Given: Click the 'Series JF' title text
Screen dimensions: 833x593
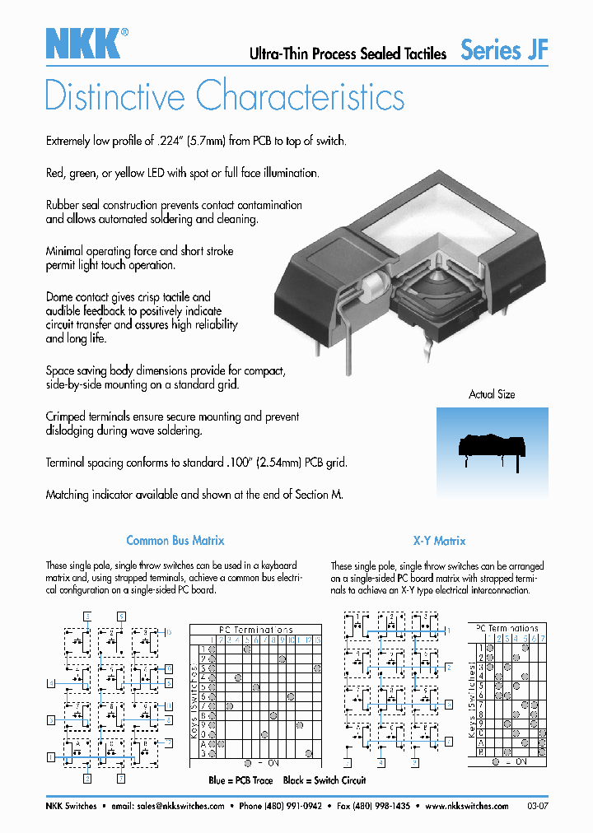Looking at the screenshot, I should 504,50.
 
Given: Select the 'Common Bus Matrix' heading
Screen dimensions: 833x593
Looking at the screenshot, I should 175,541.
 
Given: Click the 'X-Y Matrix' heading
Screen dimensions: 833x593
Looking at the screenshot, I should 439,541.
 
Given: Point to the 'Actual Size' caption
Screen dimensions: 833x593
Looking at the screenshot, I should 492,394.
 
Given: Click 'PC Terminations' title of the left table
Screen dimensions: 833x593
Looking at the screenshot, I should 254,630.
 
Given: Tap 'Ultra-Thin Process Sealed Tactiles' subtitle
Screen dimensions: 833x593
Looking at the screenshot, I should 348,54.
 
